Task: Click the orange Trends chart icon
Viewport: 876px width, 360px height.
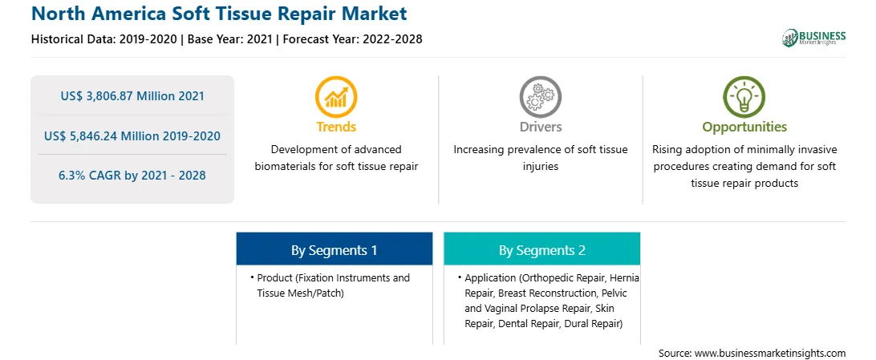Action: [336, 96]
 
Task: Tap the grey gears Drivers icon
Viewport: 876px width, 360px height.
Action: [540, 96]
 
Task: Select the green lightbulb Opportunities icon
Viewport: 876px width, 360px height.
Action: [744, 96]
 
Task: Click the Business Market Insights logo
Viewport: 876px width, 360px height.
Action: [814, 38]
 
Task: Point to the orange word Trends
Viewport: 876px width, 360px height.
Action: [336, 127]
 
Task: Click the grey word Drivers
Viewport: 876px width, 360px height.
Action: [540, 127]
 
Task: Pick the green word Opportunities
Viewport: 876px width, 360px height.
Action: [744, 127]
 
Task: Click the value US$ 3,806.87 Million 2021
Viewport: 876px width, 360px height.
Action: [132, 96]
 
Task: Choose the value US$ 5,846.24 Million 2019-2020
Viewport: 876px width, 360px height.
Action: [132, 136]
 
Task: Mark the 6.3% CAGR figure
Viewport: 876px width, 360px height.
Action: [132, 176]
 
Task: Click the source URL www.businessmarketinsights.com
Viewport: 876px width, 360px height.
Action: [770, 354]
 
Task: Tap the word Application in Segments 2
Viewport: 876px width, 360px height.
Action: [491, 278]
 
